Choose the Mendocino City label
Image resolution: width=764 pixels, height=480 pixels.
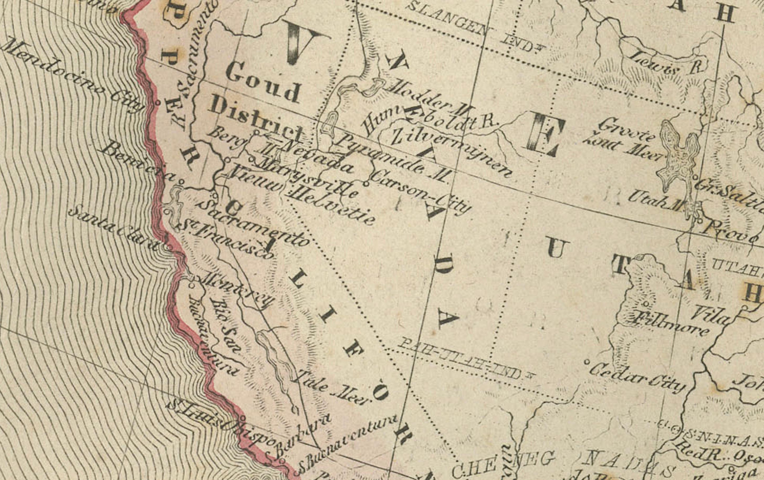(x=71, y=75)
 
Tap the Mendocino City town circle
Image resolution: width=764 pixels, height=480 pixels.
(x=158, y=102)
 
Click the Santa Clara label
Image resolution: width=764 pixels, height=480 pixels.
(x=114, y=228)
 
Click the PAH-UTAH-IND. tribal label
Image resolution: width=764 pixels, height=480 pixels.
(x=465, y=358)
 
